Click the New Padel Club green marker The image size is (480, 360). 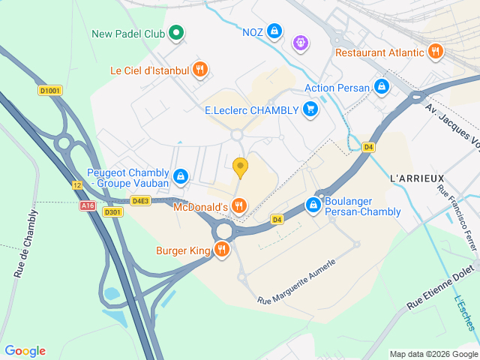click(177, 33)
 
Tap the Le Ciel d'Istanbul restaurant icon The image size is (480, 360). click(199, 70)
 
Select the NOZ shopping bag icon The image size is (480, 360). click(275, 31)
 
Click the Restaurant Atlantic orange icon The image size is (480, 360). click(435, 52)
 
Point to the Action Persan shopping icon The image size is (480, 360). click(382, 87)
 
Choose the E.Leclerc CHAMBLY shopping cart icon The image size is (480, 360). click(310, 110)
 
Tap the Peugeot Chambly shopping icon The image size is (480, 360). click(181, 177)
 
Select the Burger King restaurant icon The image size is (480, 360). click(221, 250)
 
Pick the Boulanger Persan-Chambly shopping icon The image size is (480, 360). click(313, 205)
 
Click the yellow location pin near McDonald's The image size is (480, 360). click(240, 166)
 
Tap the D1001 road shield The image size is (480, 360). click(49, 91)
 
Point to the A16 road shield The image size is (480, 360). click(88, 204)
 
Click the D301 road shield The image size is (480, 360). click(112, 212)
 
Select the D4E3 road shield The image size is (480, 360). click(141, 200)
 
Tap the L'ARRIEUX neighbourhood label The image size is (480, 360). click(413, 178)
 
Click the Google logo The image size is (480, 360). click(25, 351)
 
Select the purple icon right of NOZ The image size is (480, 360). click(301, 43)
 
